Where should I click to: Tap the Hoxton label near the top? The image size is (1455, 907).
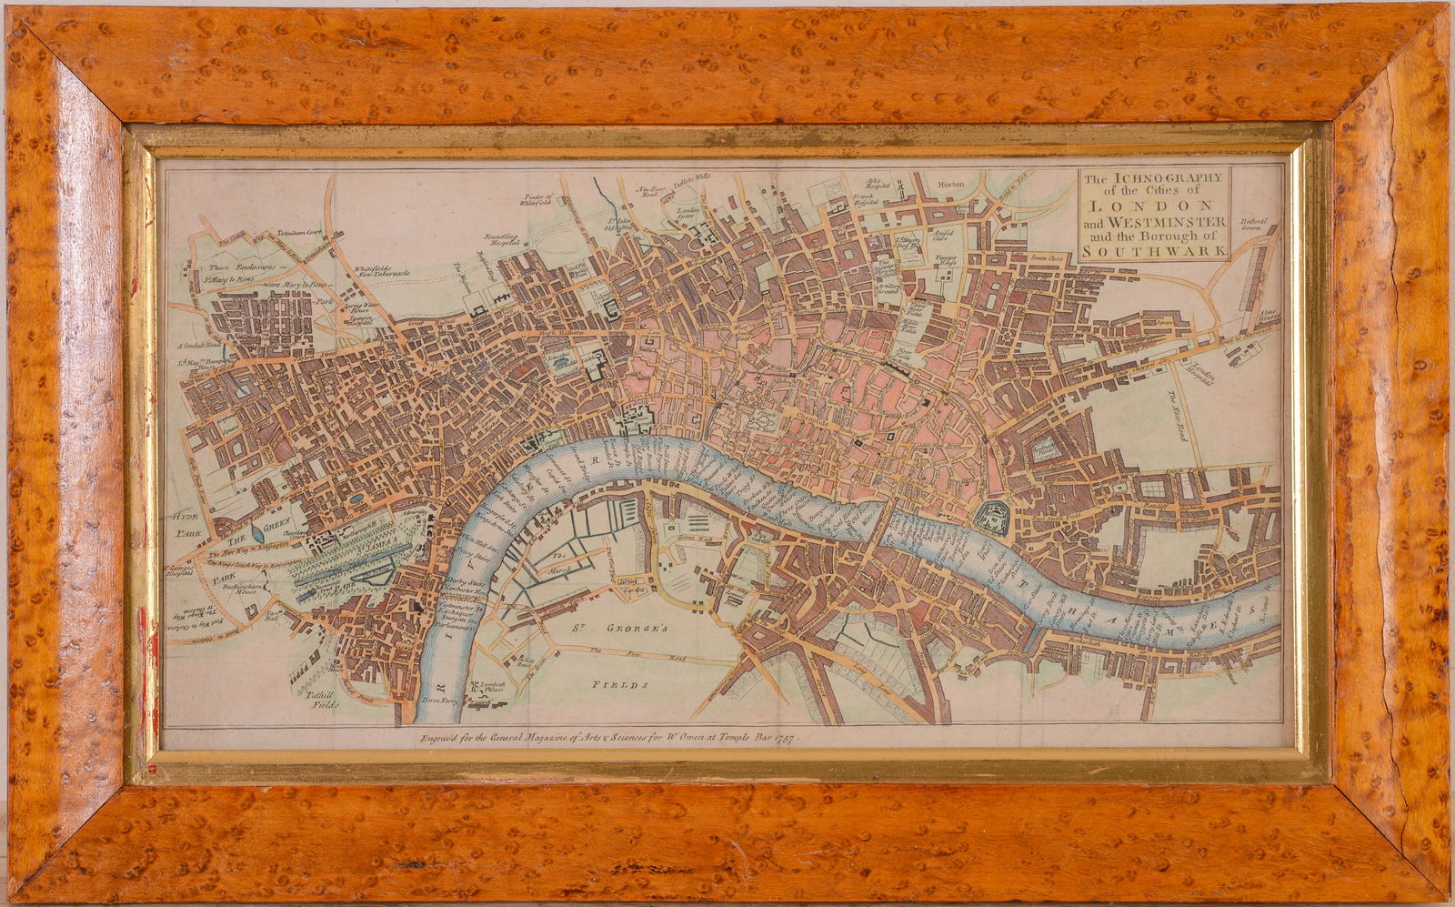[x=951, y=184]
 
